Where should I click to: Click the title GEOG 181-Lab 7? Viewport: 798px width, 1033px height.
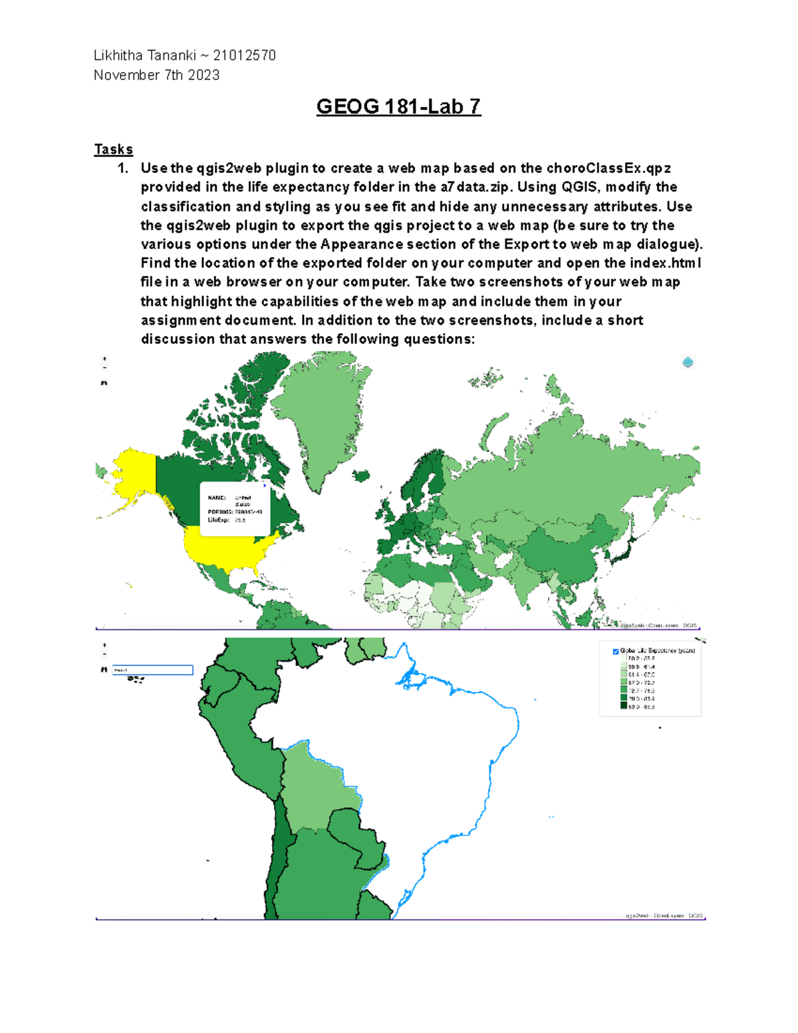point(398,106)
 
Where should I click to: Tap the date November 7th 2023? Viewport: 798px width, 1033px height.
point(156,75)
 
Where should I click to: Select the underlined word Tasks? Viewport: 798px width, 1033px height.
point(113,149)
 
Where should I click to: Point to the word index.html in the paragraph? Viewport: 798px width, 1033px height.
point(665,263)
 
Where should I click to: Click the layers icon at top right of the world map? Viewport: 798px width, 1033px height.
point(688,363)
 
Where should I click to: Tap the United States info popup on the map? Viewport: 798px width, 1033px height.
point(235,509)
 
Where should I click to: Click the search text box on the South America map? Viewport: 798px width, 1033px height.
point(152,670)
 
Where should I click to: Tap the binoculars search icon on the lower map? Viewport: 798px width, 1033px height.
point(104,670)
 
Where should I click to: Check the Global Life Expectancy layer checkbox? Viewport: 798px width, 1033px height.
point(615,651)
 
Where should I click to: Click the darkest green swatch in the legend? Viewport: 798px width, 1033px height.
point(624,706)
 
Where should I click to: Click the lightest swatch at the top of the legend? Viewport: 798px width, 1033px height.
point(624,659)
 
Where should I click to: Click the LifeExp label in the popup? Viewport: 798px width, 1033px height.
point(218,520)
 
